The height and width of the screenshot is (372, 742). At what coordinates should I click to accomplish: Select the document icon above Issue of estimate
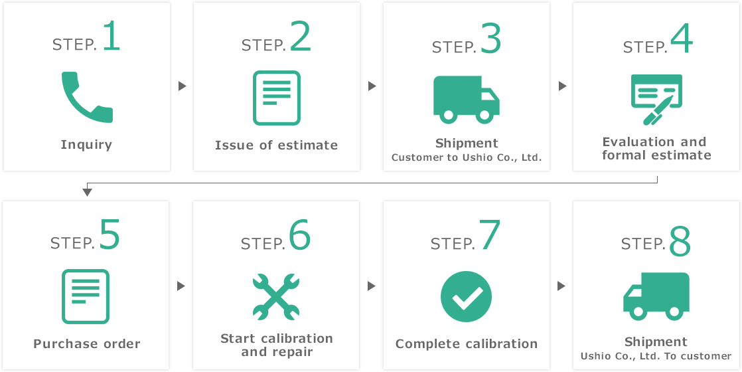pos(276,98)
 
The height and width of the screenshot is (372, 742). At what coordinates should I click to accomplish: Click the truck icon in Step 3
pos(466,100)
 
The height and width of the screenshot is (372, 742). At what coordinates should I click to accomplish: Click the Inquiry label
pos(86,145)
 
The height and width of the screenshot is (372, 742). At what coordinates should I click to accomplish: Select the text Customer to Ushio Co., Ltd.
pos(466,157)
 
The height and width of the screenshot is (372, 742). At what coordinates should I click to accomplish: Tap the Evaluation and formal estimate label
pos(656,148)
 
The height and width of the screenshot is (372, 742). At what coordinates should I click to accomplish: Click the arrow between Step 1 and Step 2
pos(183,86)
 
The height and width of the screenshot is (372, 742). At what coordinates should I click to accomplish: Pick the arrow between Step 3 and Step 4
pos(563,86)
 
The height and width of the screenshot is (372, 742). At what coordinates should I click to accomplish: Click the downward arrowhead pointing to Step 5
pos(86,192)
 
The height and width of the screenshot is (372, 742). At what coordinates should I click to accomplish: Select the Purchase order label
pos(87,343)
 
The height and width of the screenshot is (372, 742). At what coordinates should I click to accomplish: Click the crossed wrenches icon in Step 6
pos(276,297)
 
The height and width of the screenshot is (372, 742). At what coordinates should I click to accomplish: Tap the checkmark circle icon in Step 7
pos(466,297)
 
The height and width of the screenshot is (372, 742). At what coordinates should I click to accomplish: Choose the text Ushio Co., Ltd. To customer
pos(656,356)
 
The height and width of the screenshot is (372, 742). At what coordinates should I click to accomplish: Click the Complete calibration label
pos(467,343)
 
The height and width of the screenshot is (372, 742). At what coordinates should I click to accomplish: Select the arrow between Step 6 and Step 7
pos(372,286)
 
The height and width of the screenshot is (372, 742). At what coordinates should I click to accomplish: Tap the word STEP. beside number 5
pos(73,243)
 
